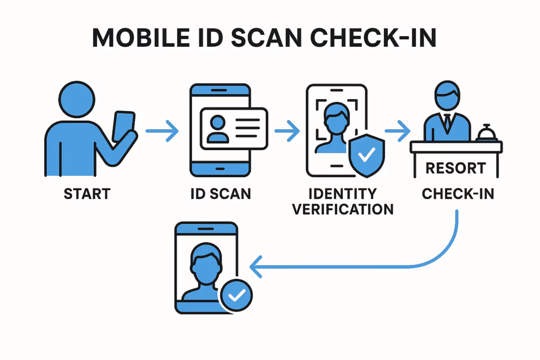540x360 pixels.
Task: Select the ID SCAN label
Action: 221,193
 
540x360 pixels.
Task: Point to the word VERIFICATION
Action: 343,209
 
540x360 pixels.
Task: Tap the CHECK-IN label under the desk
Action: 458,193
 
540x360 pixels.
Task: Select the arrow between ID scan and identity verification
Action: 287,129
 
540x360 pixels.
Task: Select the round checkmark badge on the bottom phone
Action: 236,296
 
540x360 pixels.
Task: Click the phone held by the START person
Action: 124,127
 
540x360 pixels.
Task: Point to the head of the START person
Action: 78,99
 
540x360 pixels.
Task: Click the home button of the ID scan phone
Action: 220,169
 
